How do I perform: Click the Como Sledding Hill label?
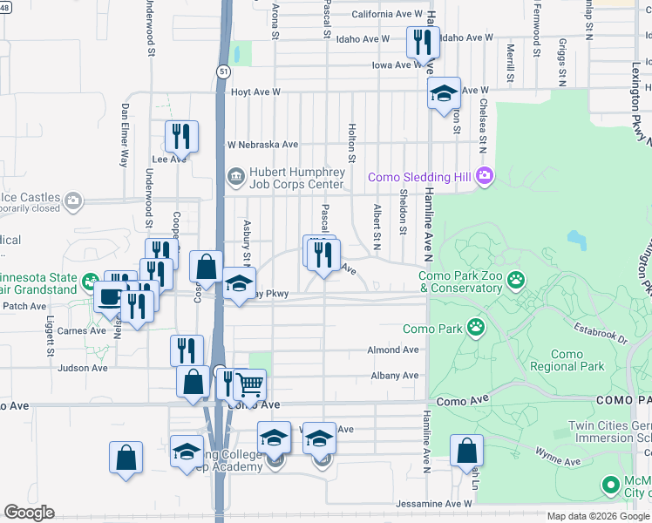(x=419, y=177)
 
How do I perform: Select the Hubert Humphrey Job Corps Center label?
(x=297, y=178)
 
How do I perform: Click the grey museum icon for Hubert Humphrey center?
(x=235, y=178)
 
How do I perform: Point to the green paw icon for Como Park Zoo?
(x=517, y=280)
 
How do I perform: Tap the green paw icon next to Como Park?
(x=475, y=328)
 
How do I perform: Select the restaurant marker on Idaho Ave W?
(x=423, y=43)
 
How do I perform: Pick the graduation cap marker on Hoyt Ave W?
(x=444, y=92)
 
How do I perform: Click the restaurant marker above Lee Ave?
(x=181, y=136)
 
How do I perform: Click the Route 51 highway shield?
(x=224, y=72)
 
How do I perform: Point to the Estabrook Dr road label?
(x=600, y=332)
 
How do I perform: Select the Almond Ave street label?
(x=393, y=350)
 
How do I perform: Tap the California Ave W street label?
(x=386, y=15)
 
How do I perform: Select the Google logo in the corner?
(x=30, y=513)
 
